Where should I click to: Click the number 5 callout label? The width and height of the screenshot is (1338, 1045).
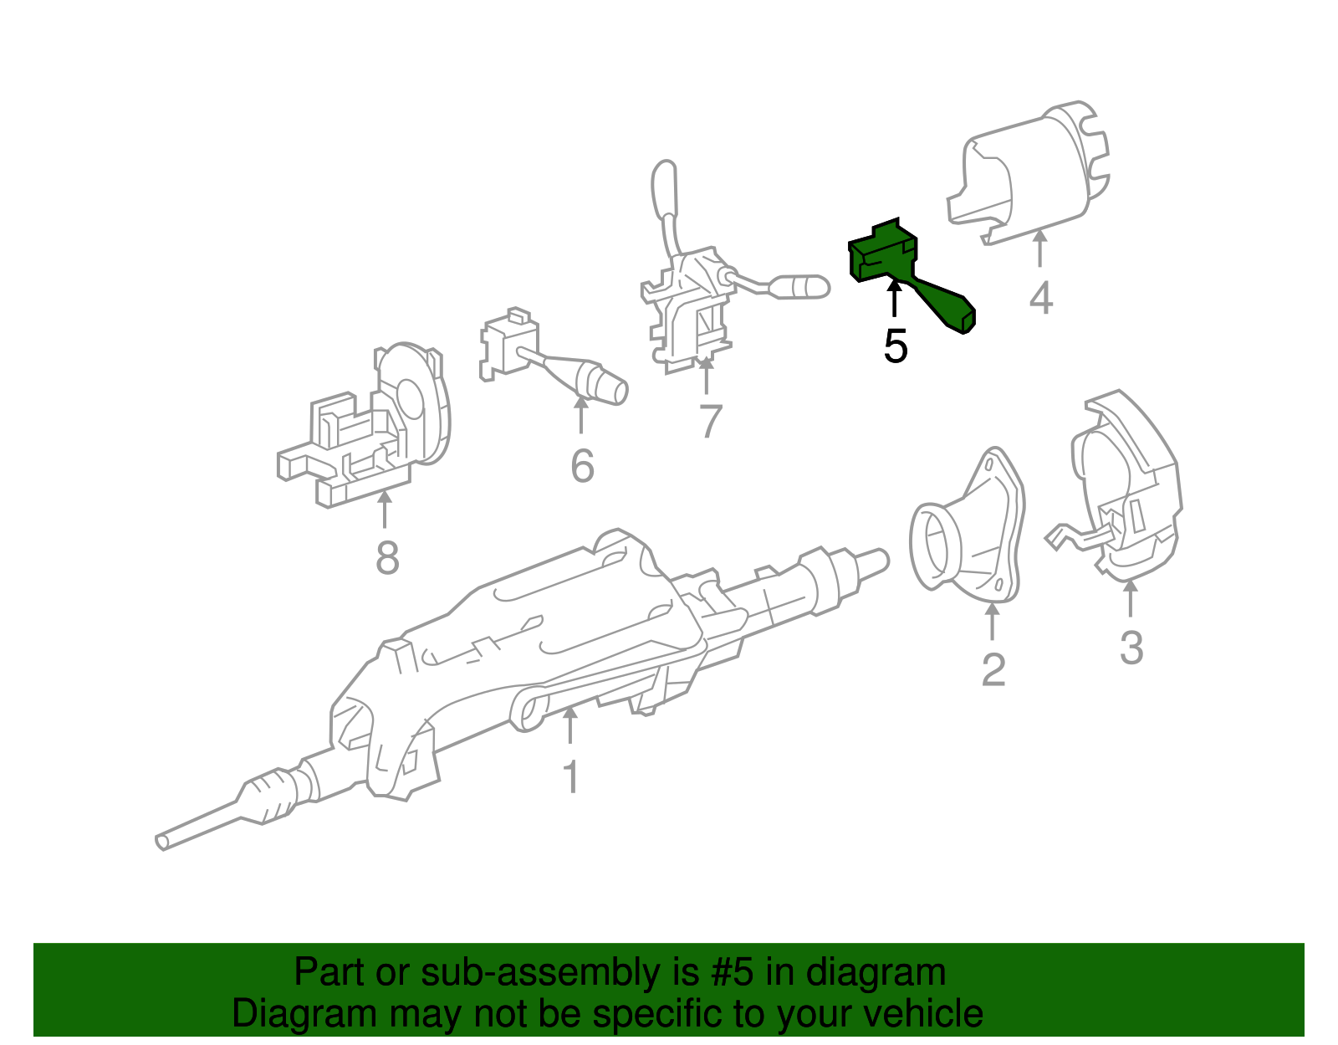(x=895, y=346)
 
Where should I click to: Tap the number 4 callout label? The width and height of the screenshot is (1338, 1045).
(x=1040, y=299)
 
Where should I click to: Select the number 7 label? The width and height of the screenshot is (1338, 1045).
(x=709, y=421)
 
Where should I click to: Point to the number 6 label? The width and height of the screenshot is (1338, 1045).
(x=582, y=466)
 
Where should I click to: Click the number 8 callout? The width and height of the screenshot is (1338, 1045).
(x=386, y=558)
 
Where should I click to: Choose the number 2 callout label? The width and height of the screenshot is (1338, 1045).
(x=993, y=670)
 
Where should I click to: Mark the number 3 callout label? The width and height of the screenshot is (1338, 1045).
(x=1131, y=648)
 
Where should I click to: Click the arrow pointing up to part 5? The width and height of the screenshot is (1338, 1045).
(x=895, y=300)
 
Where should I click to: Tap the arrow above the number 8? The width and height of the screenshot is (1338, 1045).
(x=385, y=509)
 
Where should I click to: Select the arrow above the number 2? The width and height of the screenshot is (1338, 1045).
(x=992, y=621)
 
